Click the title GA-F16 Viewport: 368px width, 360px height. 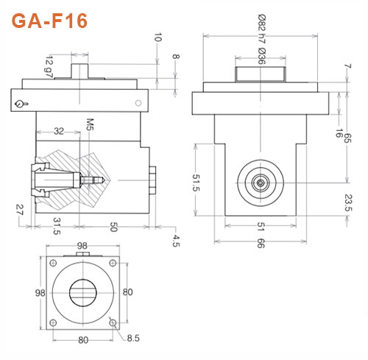(50, 20)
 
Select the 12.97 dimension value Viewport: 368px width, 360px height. (49, 65)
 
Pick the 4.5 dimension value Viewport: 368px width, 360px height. (177, 240)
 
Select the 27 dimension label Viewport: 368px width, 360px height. (20, 211)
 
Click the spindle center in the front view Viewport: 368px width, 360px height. (261, 181)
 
